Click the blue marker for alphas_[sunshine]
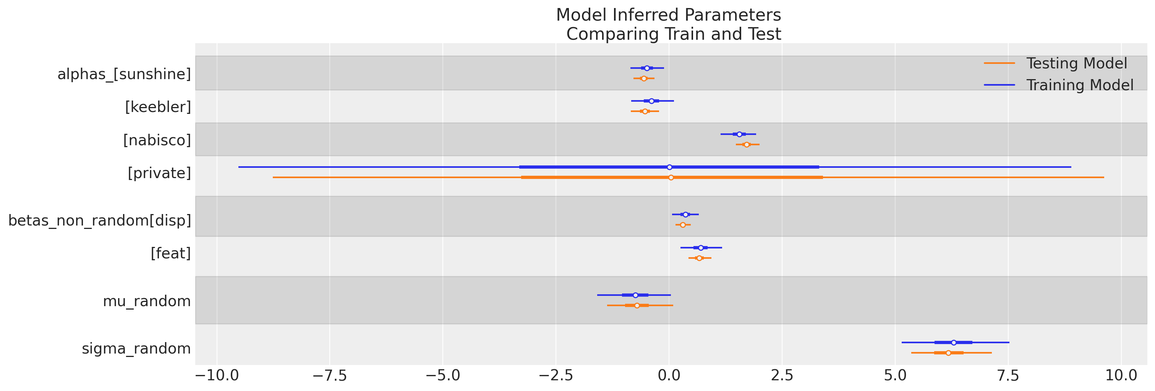pos(646,68)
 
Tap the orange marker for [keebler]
pos(645,111)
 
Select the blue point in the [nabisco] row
pos(739,134)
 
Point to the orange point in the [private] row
pos(671,178)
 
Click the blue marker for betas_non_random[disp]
pos(685,214)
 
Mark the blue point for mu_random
pos(635,295)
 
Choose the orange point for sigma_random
pos(948,353)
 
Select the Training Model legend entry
pos(1079,85)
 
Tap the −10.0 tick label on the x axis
pos(217,376)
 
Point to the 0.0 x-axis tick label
pos(669,376)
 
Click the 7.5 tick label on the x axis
pos(1008,376)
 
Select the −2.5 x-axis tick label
pos(556,376)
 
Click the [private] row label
pos(159,173)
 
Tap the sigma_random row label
pos(136,349)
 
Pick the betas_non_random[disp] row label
pos(100,221)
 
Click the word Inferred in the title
pos(669,15)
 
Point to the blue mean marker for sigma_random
pos(954,342)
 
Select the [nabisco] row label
pos(157,140)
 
